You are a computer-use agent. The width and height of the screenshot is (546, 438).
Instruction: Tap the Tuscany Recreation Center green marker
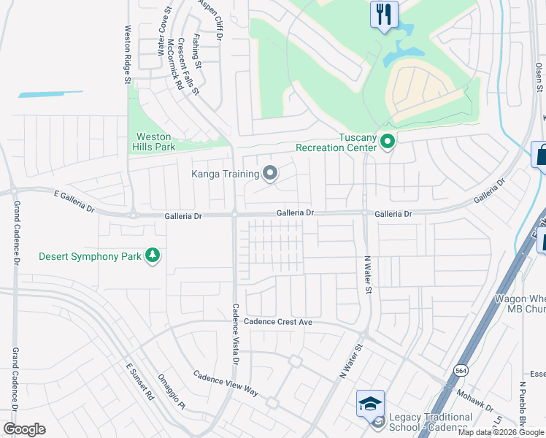pyautogui.click(x=388, y=142)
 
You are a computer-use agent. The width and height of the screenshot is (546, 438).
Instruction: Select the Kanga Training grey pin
pyautogui.click(x=270, y=173)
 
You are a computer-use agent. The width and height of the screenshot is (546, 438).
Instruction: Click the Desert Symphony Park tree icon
pyautogui.click(x=153, y=255)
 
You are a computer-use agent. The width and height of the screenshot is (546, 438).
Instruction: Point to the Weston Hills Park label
pyautogui.click(x=154, y=142)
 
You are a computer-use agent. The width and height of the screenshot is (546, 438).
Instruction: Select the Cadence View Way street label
pyautogui.click(x=226, y=383)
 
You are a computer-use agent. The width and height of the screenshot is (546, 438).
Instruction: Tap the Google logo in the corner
pyautogui.click(x=24, y=429)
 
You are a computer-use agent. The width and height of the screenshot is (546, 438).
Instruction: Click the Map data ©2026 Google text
pyautogui.click(x=501, y=432)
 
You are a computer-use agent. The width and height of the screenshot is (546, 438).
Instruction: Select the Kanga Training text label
pyautogui.click(x=226, y=174)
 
